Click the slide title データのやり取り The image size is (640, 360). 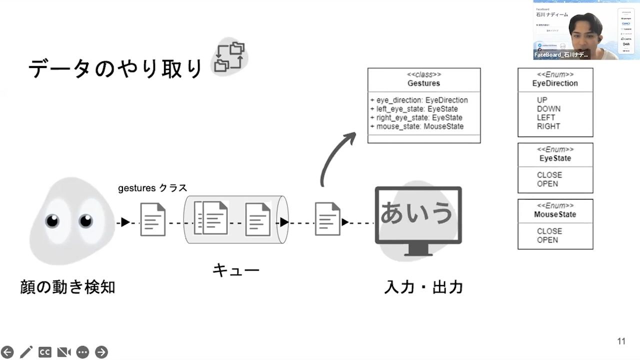[x=115, y=69]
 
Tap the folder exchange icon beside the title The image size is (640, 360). [x=230, y=56]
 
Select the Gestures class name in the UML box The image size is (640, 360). [x=423, y=83]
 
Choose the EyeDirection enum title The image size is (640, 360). [x=555, y=83]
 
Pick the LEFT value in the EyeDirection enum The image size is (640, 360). [x=546, y=117]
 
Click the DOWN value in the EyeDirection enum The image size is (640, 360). [x=548, y=109]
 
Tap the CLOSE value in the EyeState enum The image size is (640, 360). [x=549, y=175]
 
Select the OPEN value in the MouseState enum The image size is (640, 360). [x=547, y=240]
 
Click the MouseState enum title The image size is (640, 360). [x=555, y=214]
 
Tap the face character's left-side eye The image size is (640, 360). [x=52, y=220]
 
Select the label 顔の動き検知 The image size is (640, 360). [x=67, y=287]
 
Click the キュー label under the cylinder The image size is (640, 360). [x=236, y=271]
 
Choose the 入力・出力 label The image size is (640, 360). [x=423, y=287]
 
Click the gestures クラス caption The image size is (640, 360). [x=152, y=188]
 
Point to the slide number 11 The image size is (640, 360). [x=621, y=341]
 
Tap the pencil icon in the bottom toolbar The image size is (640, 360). [x=26, y=352]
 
